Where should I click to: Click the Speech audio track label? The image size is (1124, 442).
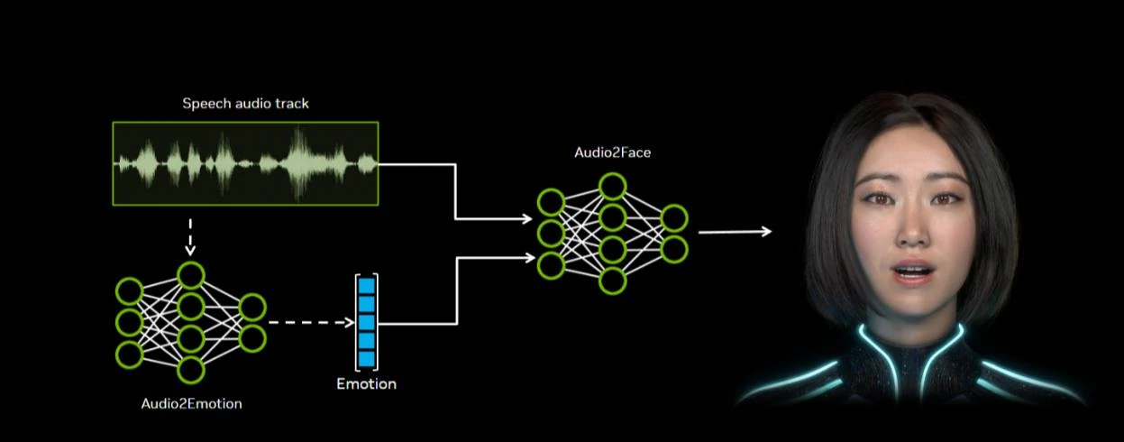pos(245,104)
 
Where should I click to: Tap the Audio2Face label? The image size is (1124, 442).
pos(612,152)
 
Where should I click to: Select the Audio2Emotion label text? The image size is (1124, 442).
pos(191,403)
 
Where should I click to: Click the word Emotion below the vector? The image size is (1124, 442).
pos(366,384)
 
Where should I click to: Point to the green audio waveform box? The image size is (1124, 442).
pos(245,162)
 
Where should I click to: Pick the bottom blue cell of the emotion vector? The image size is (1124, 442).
pos(366,358)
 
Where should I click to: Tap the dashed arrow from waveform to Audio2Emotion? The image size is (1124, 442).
pos(190,236)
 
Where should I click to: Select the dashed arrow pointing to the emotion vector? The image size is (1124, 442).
pos(311,322)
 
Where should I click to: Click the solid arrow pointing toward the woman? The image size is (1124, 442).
pos(735,232)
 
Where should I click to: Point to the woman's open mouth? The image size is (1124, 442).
pos(911,272)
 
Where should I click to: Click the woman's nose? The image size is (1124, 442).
pos(912,233)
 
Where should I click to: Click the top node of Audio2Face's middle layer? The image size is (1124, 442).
pos(613,187)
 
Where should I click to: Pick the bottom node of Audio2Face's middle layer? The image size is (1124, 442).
pos(613,281)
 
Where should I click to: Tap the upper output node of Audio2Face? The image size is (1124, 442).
pos(673,217)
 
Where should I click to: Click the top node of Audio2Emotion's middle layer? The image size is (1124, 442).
pos(190,275)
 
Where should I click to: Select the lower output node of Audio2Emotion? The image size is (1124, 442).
pos(251,338)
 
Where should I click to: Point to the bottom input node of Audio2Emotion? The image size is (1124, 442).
pos(129,354)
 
